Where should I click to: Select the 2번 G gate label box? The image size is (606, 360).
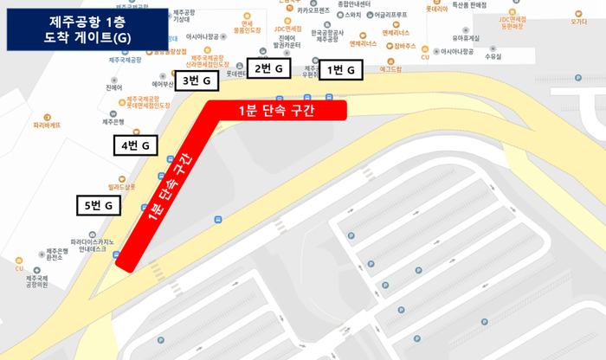tap(268, 68)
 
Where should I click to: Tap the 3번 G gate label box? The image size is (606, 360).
tap(197, 81)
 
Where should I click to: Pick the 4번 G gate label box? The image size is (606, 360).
tap(137, 145)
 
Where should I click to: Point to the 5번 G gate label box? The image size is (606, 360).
tap(100, 205)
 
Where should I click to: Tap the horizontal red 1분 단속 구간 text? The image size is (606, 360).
tap(276, 110)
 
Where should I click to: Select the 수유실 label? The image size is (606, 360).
tap(493, 56)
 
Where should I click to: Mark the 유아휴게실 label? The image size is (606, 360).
tap(466, 38)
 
